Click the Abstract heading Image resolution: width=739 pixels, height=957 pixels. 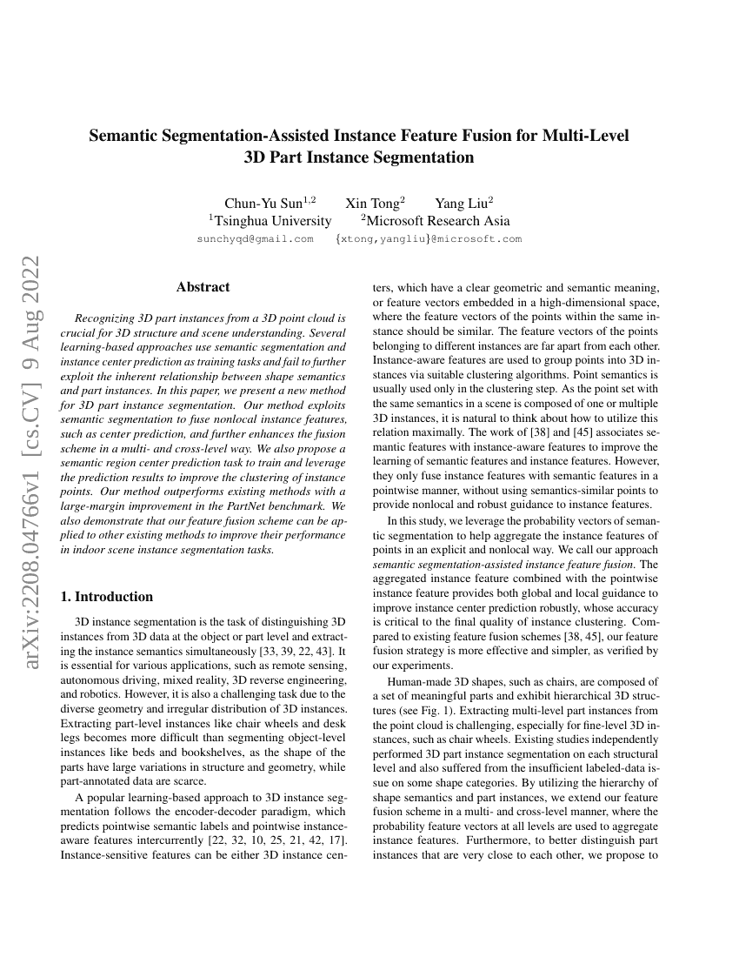[x=203, y=286]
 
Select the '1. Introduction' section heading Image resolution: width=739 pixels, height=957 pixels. [x=106, y=596]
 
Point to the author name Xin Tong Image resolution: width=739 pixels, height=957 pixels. [x=375, y=204]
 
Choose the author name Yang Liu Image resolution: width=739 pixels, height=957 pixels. [x=463, y=204]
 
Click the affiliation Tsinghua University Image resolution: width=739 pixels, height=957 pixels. [x=270, y=221]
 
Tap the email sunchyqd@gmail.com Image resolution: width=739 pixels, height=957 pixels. [x=255, y=238]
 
